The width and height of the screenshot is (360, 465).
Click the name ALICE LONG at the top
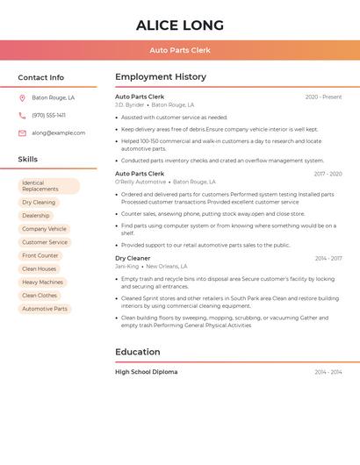(x=180, y=25)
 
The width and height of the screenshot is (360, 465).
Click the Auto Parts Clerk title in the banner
(x=180, y=50)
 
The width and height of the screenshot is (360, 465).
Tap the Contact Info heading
(x=41, y=77)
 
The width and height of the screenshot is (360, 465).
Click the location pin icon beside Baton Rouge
(x=22, y=98)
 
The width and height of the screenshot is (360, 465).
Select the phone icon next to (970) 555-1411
(x=22, y=116)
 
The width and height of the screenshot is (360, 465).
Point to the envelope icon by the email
(x=22, y=133)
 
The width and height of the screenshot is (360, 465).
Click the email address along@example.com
(x=59, y=133)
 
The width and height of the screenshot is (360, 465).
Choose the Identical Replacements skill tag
(x=48, y=186)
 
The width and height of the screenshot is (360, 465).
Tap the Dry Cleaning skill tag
(x=39, y=203)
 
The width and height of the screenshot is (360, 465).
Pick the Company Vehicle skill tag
(x=44, y=229)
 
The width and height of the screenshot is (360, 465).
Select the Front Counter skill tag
(x=40, y=255)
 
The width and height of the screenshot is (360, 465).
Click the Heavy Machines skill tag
(x=42, y=283)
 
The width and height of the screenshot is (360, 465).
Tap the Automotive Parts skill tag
(x=45, y=309)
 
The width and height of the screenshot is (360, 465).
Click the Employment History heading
(x=161, y=77)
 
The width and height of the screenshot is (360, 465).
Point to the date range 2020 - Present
(x=323, y=97)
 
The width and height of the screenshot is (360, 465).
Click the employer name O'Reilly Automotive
(x=140, y=182)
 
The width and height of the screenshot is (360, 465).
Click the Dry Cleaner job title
(x=133, y=259)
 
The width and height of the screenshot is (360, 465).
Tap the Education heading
(x=138, y=352)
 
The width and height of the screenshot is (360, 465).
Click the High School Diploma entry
(x=146, y=372)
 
